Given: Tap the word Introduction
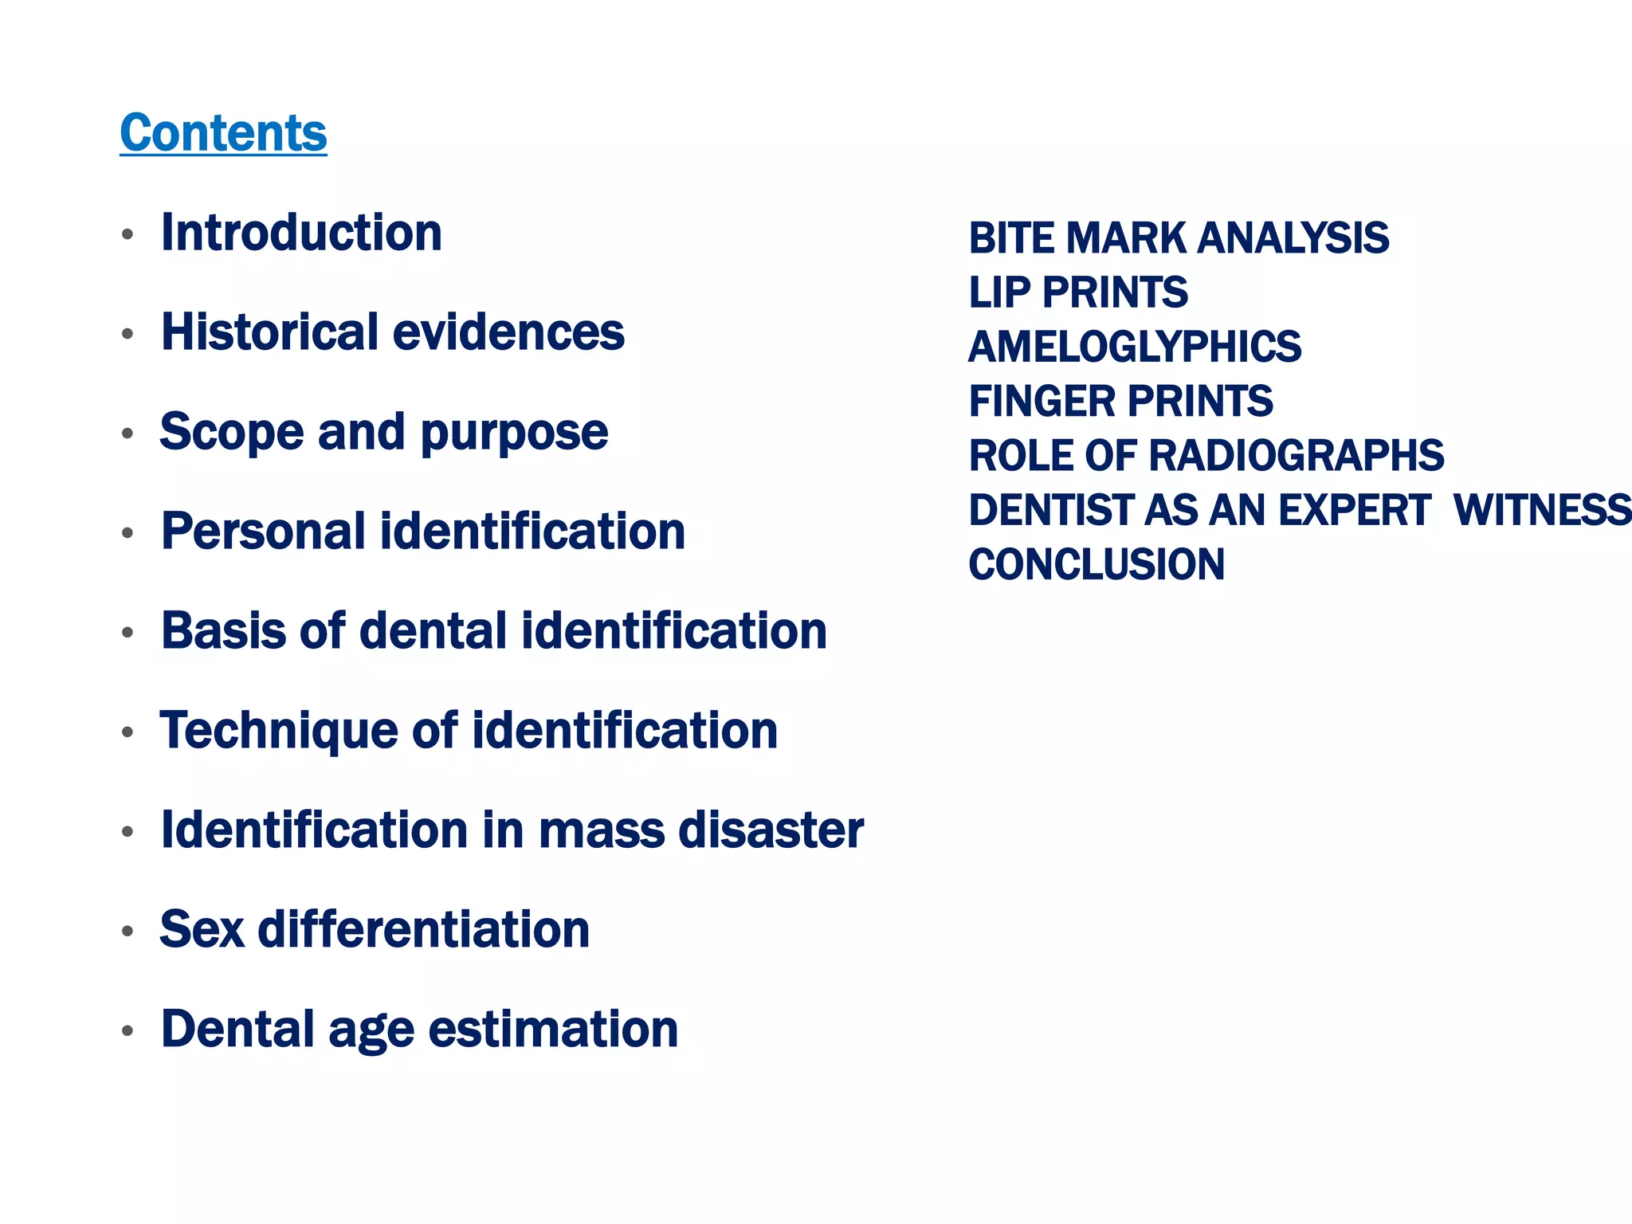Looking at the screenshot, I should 301,233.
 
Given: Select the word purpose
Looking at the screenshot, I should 514,433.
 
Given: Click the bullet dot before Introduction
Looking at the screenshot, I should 127,235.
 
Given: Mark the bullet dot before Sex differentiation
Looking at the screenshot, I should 127,932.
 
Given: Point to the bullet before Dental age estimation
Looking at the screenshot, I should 127,1031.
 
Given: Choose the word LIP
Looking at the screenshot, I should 999,292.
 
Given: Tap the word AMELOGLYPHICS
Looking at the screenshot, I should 1135,347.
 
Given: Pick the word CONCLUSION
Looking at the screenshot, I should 1096,564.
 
